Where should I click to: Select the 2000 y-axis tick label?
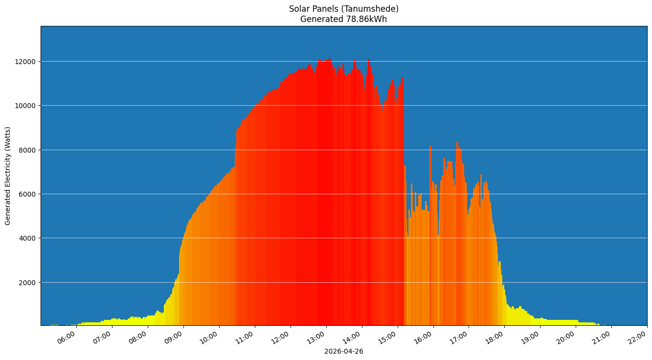tap(28, 283)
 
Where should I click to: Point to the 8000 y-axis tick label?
tap(28, 150)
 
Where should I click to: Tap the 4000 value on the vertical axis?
tap(28, 238)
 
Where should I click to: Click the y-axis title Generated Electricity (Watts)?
tap(8, 176)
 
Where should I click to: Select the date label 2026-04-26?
tap(343, 351)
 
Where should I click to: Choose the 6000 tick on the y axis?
tap(28, 194)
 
